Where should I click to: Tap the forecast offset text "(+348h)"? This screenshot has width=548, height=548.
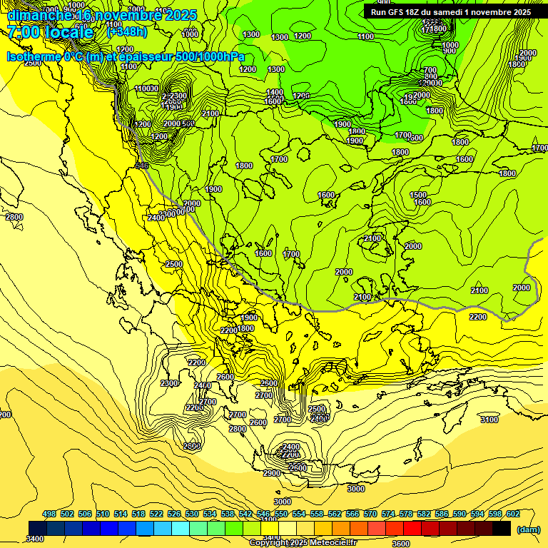pos(127,32)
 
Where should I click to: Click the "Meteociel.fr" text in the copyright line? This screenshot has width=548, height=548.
pos(334,543)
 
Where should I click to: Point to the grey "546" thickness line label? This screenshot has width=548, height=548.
pos(141,166)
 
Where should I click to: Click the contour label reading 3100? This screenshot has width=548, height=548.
pos(489,420)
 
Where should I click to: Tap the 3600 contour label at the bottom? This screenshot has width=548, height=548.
pos(400,544)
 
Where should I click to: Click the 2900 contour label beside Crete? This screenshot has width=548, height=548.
pos(272,473)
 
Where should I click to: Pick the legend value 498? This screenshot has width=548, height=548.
pos(49,514)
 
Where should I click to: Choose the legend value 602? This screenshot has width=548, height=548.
pos(513,514)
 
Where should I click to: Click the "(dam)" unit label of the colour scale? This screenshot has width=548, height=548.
pos(529,530)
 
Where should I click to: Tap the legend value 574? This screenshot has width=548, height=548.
pos(388,514)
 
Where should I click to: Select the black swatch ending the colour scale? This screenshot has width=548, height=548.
pos(502,528)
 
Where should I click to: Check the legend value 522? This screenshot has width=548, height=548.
pos(156,514)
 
